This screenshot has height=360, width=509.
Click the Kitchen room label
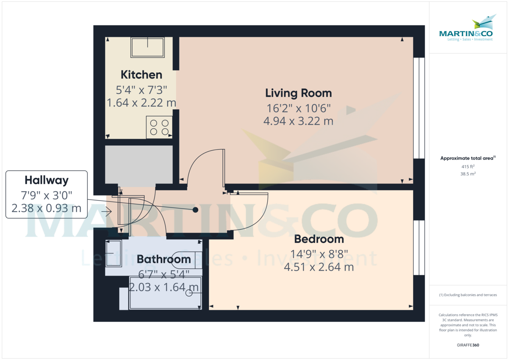[141, 75]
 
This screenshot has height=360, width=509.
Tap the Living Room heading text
[298, 93]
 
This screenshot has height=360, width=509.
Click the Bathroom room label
[163, 259]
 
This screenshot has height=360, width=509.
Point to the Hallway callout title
[46, 180]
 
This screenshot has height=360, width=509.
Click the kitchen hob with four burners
[159, 127]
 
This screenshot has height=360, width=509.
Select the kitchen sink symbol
[148, 47]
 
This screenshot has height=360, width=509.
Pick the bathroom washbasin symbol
[113, 254]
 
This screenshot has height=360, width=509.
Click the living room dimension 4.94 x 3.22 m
[298, 121]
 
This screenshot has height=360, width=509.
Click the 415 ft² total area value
[467, 167]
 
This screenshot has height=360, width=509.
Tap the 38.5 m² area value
[467, 174]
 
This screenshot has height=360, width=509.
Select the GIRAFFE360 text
[467, 345]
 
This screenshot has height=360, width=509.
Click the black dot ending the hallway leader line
[196, 210]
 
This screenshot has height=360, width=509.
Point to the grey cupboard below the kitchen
[139, 165]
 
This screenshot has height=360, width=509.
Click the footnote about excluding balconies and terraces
[467, 295]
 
